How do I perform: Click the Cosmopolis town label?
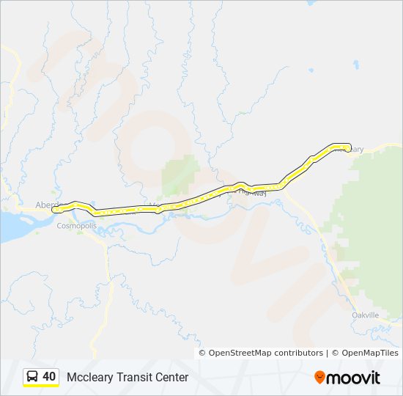(77, 226)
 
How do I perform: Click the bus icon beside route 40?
(32, 377)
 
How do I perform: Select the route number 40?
(49, 377)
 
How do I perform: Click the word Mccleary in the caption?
(89, 378)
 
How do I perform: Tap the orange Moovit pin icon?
(319, 377)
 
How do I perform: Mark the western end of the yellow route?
(54, 210)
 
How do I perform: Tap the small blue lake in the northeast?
(356, 65)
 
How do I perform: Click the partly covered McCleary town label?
(355, 150)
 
